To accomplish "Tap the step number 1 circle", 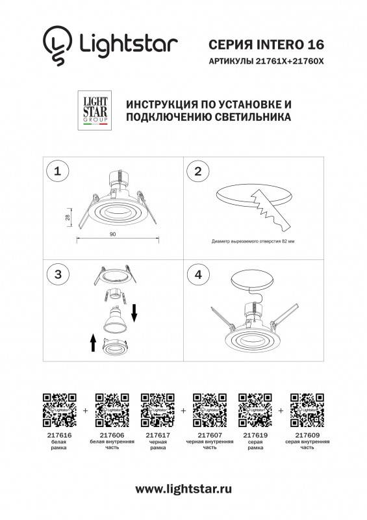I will click(58, 172).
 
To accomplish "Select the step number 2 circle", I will click(199, 172).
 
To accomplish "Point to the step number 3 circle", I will click(58, 274).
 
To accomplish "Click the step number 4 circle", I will click(199, 274).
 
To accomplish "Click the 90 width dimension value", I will click(113, 233).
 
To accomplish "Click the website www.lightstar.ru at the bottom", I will click(184, 489).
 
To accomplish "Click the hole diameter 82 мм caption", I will click(253, 240).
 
